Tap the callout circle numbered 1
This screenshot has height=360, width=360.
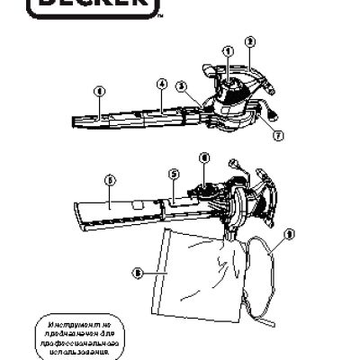click(x=227, y=50)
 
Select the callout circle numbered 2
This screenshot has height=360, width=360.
click(x=250, y=40)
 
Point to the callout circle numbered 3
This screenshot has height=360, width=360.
click(x=182, y=86)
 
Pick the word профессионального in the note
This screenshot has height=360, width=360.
click(x=94, y=343)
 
